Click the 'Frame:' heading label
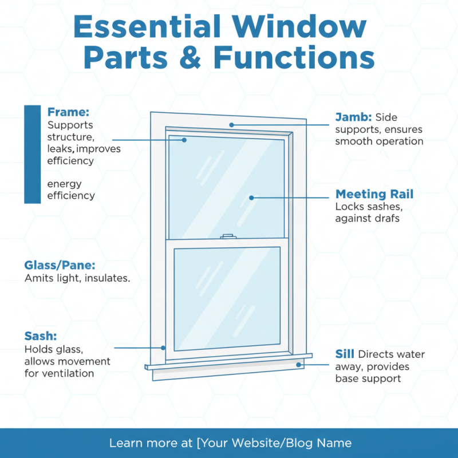pyautogui.click(x=68, y=112)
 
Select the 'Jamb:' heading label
pyautogui.click(x=349, y=117)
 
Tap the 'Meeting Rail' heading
pyautogui.click(x=374, y=194)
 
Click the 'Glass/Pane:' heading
pyautogui.click(x=60, y=266)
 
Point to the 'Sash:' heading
pyautogui.click(x=41, y=336)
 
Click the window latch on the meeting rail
pyautogui.click(x=227, y=236)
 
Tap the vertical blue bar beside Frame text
pyautogui.click(x=34, y=154)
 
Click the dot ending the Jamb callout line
pyautogui.click(x=231, y=124)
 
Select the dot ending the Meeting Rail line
pyautogui.click(x=252, y=198)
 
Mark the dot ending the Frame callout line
pyautogui.click(x=184, y=140)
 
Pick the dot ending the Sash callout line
pyautogui.click(x=163, y=347)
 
